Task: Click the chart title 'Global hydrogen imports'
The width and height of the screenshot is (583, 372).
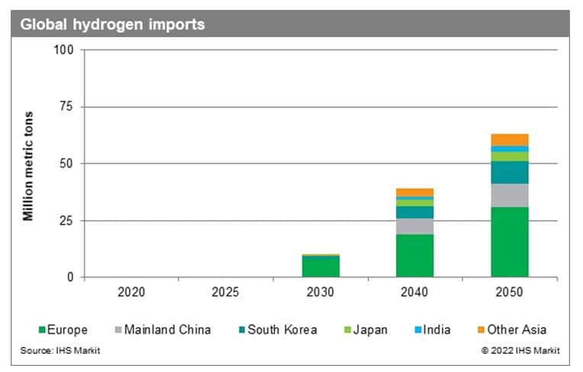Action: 112,24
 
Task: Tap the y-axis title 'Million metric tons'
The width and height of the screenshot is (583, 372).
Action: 28,165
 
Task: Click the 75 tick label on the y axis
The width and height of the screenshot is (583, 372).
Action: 66,107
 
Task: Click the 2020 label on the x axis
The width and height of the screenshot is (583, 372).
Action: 131,292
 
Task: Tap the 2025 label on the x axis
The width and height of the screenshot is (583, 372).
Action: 226,292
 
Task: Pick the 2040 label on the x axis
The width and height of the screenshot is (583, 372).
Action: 415,292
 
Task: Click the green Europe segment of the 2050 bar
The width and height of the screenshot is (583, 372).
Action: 510,242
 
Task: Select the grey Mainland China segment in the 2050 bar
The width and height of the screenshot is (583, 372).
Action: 510,195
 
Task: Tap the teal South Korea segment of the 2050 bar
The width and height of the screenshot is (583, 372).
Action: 510,172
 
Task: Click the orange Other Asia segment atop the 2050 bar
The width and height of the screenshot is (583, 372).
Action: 510,139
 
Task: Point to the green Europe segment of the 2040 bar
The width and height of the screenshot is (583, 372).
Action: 415,255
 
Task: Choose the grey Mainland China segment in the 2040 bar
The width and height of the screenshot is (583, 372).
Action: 415,226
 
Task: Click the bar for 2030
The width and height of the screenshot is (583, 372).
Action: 320,266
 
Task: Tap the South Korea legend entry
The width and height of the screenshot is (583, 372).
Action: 279,330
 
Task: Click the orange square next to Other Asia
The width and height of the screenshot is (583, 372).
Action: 479,330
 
